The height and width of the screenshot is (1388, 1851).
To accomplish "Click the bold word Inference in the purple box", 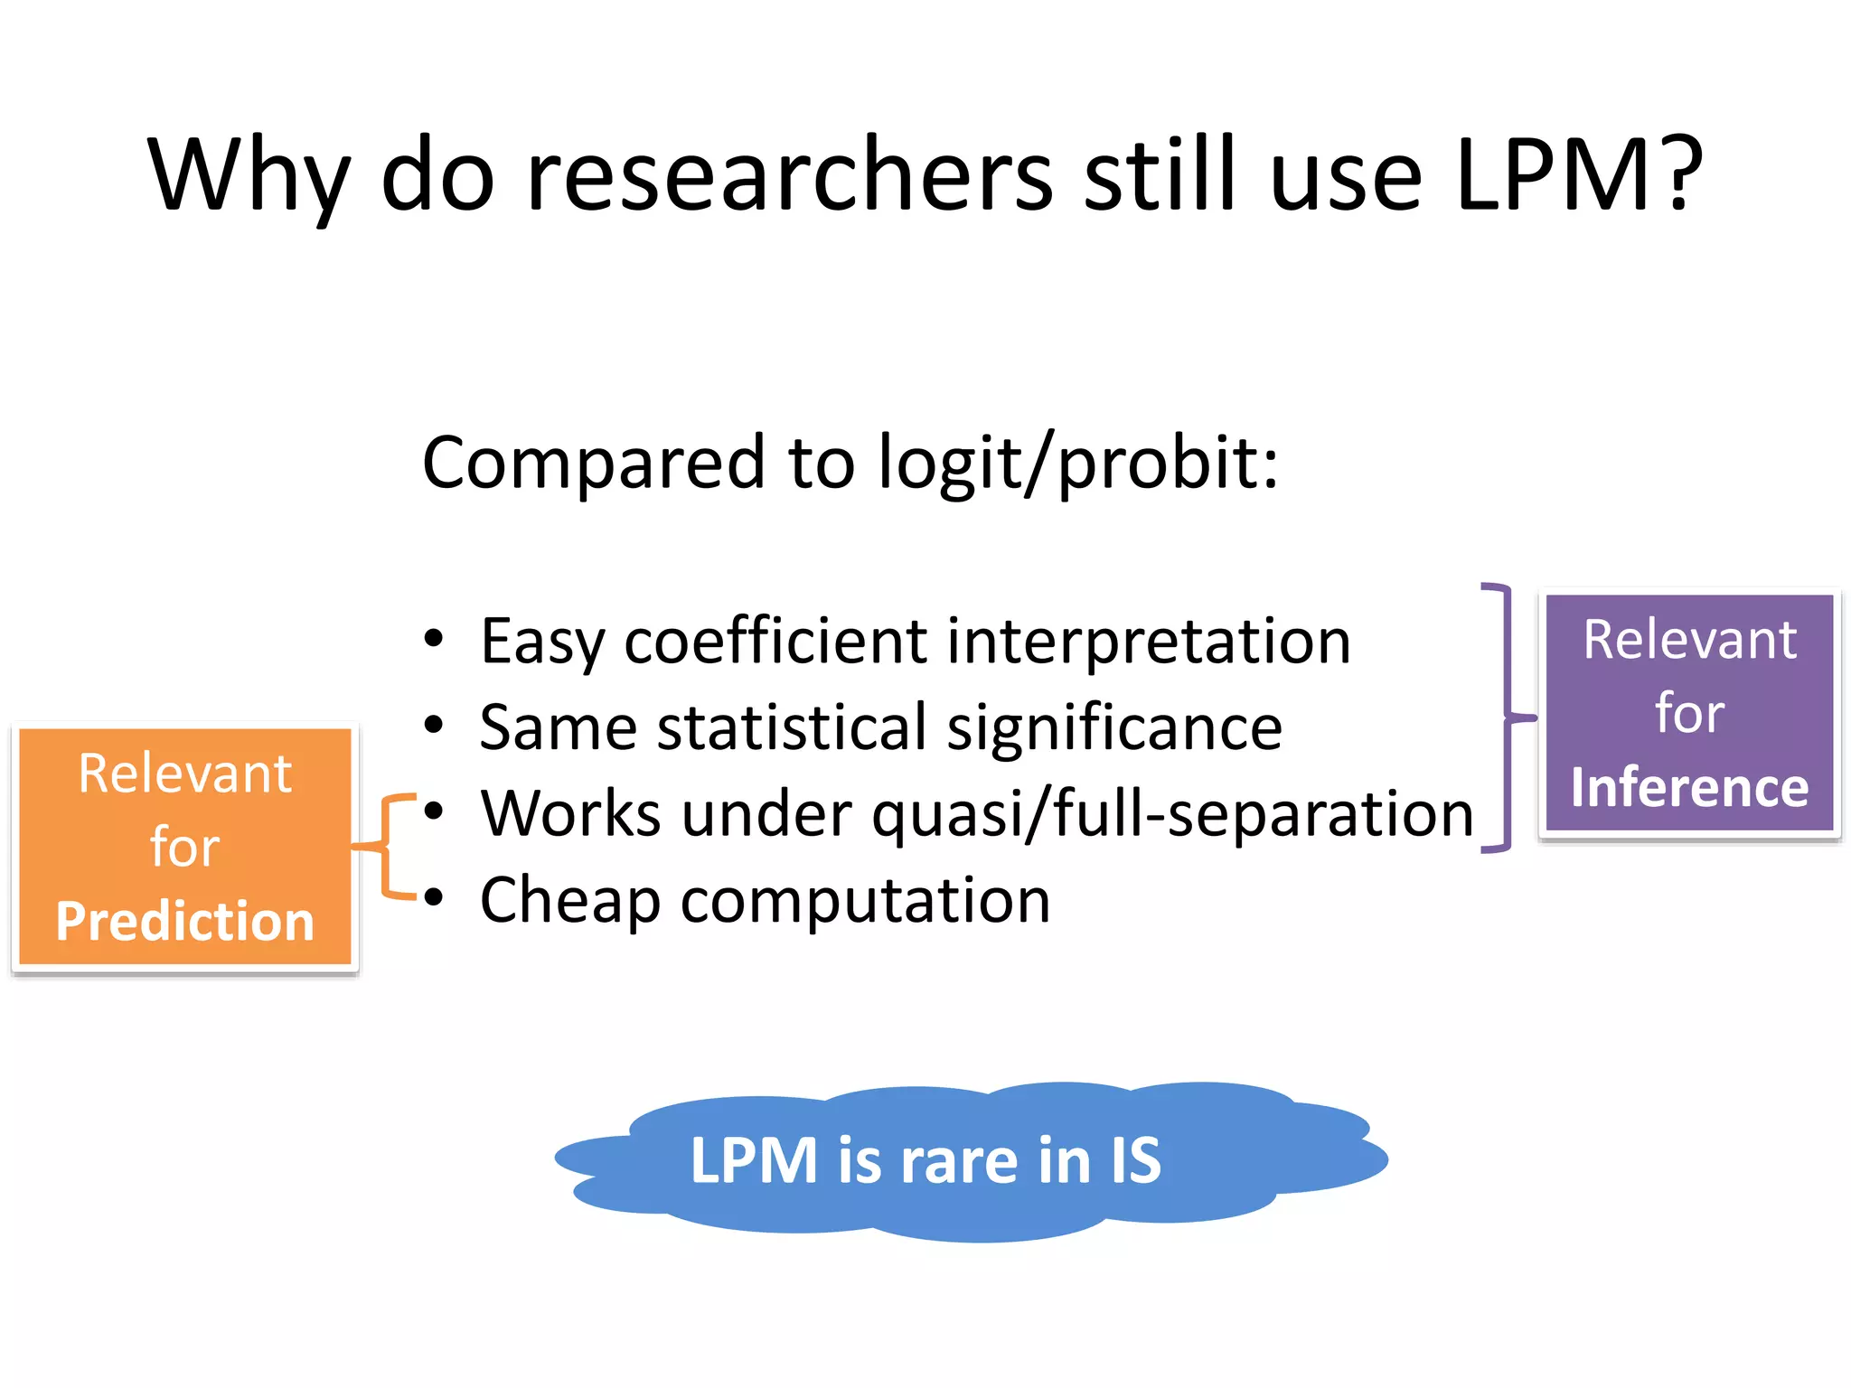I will point(1689,787).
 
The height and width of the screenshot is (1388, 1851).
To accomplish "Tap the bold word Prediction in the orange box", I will point(185,921).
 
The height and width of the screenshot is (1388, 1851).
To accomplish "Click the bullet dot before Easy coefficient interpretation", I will point(434,639).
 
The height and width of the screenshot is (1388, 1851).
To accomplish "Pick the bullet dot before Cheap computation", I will point(434,897).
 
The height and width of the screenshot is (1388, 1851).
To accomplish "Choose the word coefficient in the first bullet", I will point(775,641).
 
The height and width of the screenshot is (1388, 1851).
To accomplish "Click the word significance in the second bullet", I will point(1113,727).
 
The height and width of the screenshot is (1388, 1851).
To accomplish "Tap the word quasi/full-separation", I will point(1172,813).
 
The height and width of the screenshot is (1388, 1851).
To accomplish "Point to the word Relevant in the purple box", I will point(1689,640).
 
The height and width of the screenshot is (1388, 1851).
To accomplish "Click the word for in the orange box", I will point(185,847).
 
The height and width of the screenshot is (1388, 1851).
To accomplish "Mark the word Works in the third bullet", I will point(571,813).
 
